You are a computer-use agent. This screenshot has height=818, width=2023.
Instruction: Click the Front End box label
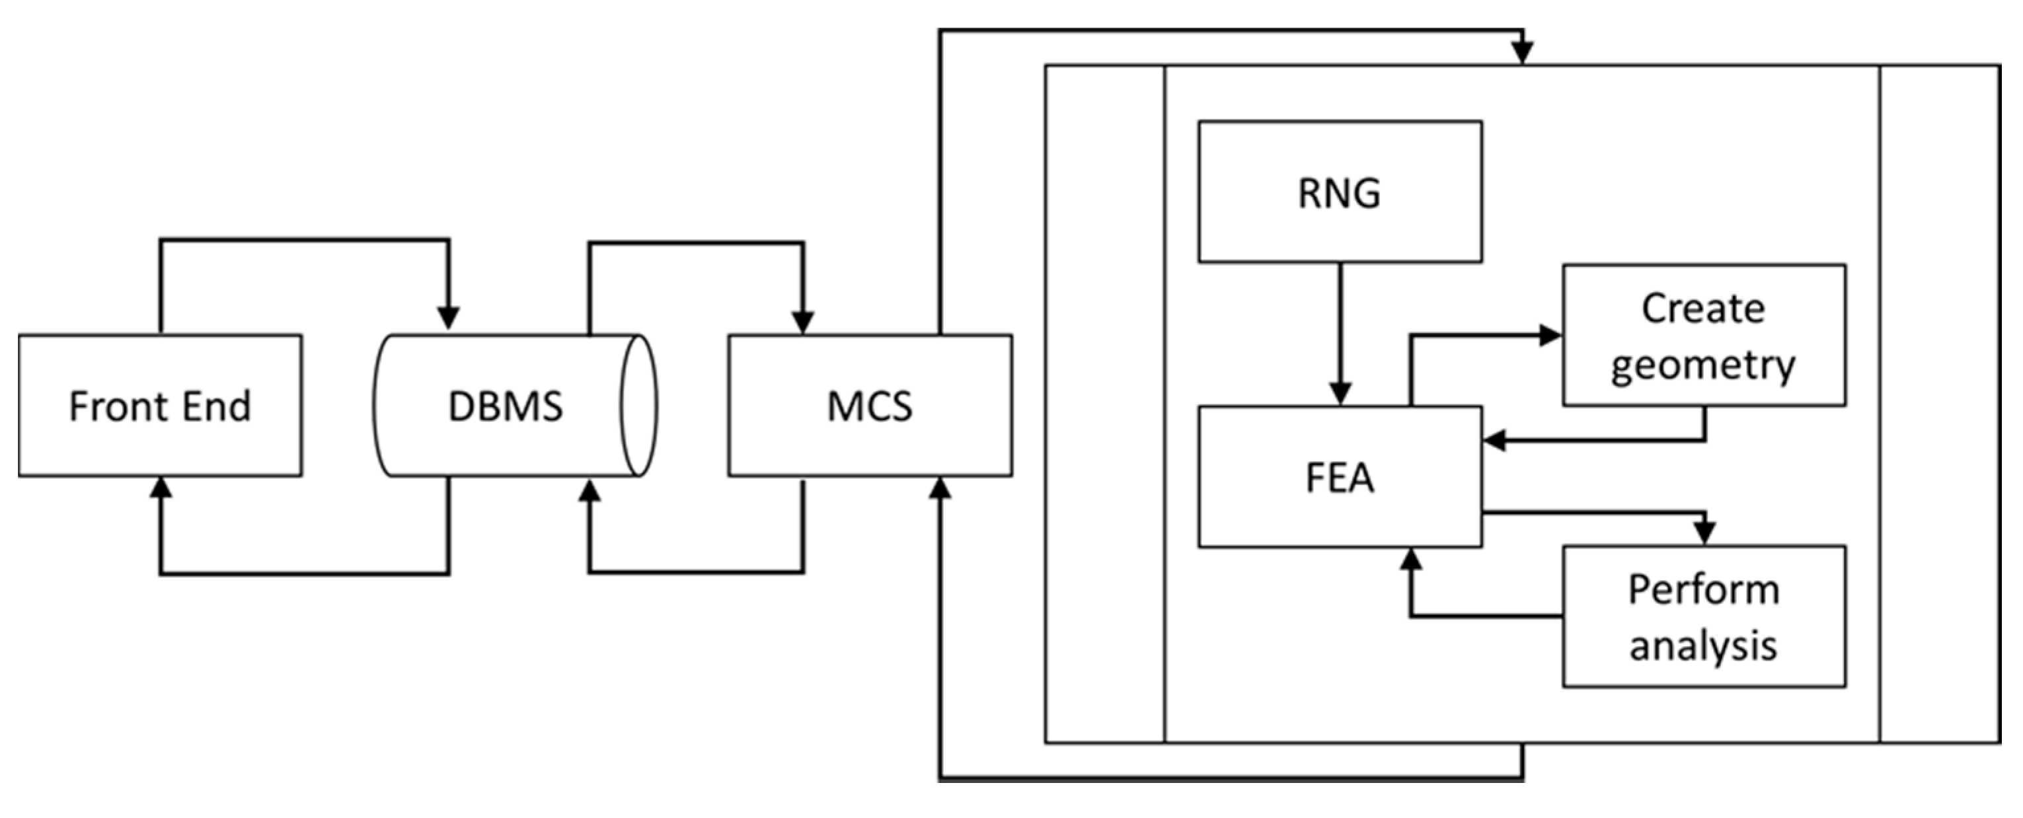tap(159, 406)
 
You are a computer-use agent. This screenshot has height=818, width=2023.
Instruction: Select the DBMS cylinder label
tap(505, 406)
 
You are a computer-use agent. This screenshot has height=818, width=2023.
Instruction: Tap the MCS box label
tap(869, 406)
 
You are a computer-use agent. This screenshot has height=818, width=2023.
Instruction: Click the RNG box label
tap(1339, 193)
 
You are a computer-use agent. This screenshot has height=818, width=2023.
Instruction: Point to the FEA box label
tap(1339, 477)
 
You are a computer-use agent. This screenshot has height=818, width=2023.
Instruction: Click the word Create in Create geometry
tap(1702, 309)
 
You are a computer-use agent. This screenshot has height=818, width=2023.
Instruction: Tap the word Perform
tap(1703, 589)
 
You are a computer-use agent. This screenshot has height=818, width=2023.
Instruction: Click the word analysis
tap(1702, 646)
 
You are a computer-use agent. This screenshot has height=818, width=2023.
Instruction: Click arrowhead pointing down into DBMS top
tap(449, 318)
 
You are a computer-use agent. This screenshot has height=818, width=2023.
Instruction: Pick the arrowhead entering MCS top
tap(802, 322)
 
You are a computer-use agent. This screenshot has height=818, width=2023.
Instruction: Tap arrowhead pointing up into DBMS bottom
tap(589, 492)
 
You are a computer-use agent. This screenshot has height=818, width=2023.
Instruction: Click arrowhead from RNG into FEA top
tap(1340, 392)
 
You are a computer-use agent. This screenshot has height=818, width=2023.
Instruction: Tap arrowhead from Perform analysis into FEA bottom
tap(1411, 560)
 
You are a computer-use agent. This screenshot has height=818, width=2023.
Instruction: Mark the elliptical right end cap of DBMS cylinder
tap(638, 406)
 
